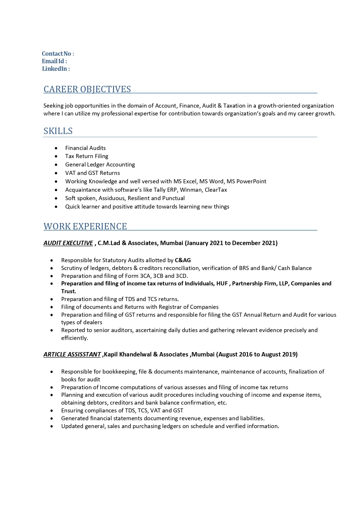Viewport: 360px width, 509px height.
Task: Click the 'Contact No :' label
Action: (58, 54)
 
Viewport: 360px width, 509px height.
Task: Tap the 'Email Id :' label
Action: (54, 61)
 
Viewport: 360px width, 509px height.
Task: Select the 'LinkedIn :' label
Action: (56, 69)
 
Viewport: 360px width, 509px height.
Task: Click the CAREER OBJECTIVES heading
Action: (87, 89)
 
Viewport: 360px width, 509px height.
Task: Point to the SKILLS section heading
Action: (58, 131)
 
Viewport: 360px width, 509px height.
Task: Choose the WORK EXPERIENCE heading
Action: (85, 226)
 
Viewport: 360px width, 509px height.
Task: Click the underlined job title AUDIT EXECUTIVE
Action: (68, 243)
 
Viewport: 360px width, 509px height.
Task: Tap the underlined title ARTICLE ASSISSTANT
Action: (72, 354)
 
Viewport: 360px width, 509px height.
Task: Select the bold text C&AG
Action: (183, 260)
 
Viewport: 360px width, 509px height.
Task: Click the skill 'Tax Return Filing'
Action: (86, 156)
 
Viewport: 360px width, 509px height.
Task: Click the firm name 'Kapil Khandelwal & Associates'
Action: (146, 354)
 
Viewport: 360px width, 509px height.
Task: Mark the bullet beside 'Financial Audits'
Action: (56, 148)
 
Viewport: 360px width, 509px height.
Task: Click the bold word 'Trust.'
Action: (68, 291)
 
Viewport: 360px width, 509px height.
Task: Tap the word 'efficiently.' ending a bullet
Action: (75, 338)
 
